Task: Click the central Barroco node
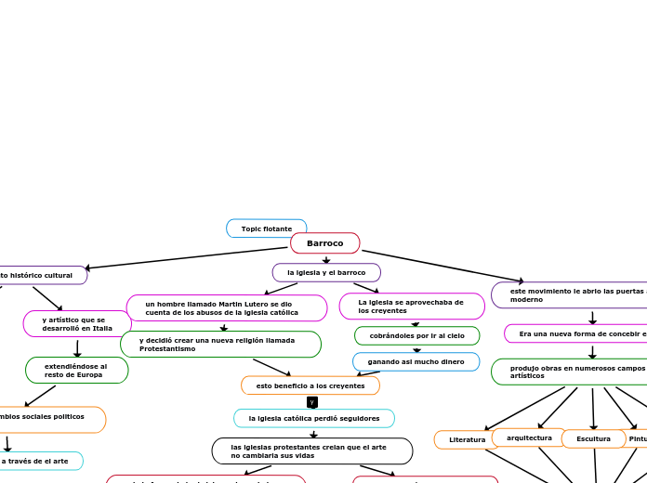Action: pos(324,243)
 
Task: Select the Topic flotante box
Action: pos(266,228)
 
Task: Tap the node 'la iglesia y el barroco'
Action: pos(326,272)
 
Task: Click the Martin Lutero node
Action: pos(226,308)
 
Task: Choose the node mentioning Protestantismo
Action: pos(220,345)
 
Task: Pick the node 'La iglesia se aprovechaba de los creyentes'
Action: pos(411,307)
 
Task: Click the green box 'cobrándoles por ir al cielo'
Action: pos(416,335)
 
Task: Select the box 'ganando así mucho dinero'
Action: pos(416,361)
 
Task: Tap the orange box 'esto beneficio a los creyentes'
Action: pos(310,385)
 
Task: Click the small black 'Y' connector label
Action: pos(312,402)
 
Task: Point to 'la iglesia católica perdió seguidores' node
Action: pos(314,418)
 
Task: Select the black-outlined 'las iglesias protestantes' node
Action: pos(312,451)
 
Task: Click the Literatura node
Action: pos(467,439)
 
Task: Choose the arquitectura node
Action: pos(529,437)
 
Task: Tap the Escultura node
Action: pos(593,438)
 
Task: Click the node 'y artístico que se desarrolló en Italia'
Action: pos(77,323)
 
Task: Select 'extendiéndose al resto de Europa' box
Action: pos(76,370)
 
